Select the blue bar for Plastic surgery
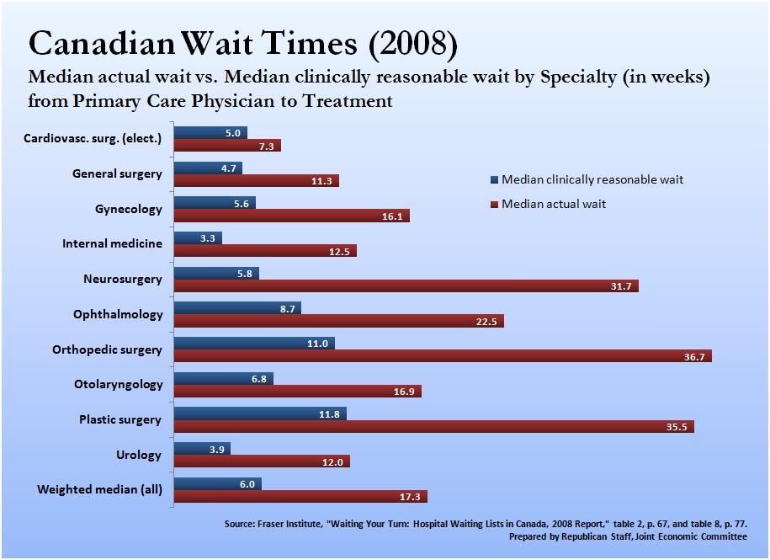260,413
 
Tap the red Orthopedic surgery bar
443,356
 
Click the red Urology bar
262,461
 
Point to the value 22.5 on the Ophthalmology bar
490,322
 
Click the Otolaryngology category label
119,384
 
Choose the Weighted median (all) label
99,489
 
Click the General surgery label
117,173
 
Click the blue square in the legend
493,180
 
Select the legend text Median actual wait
554,204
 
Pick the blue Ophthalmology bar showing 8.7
237,308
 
